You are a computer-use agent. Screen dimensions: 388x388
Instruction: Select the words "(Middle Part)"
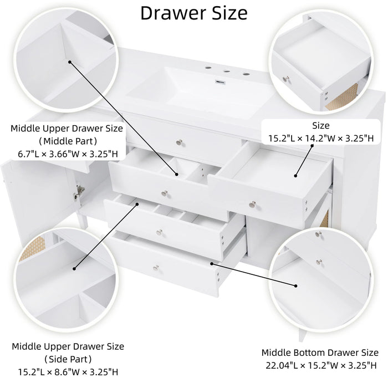(66, 141)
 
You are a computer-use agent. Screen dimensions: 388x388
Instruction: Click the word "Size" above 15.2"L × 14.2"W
(320, 125)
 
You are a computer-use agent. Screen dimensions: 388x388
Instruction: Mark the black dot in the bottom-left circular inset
(74, 269)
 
